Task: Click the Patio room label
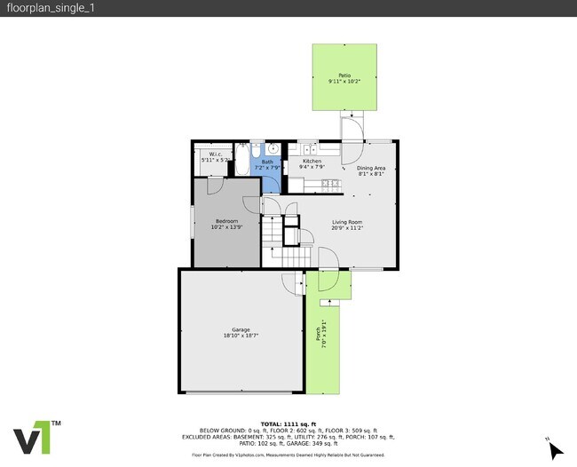[x=344, y=75]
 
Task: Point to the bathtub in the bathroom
[x=240, y=162]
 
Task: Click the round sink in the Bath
[x=273, y=148]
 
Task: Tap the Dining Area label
[x=371, y=168]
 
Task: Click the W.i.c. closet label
[x=215, y=154]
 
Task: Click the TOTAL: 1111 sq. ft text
[x=288, y=424]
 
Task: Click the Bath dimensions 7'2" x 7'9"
[x=267, y=167]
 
